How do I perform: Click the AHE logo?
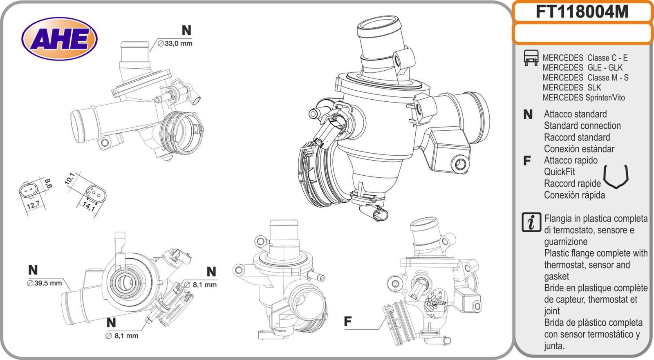click(59, 39)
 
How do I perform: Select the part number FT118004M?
click(582, 12)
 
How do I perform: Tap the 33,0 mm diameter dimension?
click(175, 43)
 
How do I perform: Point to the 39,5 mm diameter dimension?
click(45, 283)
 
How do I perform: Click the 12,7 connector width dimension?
click(33, 205)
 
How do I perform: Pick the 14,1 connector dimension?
click(89, 206)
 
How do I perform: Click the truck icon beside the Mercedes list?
click(531, 58)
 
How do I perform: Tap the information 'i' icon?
click(531, 222)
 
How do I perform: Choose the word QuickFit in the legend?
click(560, 172)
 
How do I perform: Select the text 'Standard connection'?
click(582, 126)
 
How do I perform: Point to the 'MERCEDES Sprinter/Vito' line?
click(583, 98)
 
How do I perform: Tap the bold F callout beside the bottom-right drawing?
click(347, 322)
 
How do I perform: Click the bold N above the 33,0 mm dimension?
click(186, 30)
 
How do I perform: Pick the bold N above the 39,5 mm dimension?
click(33, 270)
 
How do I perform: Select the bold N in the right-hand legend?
click(528, 114)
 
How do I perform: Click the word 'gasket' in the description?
click(556, 276)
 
